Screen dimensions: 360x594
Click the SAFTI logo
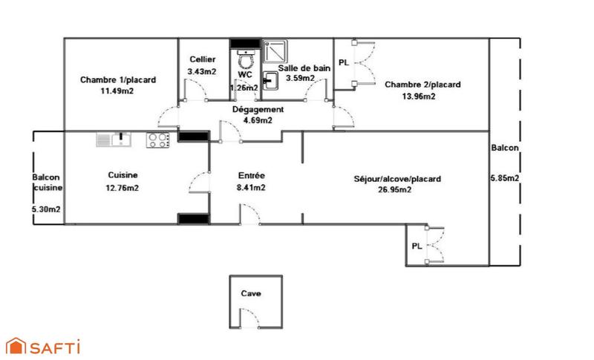coord(42,346)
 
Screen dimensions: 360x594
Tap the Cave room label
coord(251,294)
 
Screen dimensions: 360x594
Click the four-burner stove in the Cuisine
coord(157,140)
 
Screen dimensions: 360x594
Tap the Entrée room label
coord(252,176)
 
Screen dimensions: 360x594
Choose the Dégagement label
coord(258,109)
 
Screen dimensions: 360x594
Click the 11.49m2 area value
coord(117,91)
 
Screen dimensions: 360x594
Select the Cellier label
coord(202,59)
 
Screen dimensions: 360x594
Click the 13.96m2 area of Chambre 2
coord(422,96)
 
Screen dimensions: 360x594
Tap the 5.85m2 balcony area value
coord(505,178)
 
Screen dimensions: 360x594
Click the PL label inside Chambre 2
coord(343,63)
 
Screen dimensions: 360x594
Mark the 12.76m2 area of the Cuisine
coord(123,188)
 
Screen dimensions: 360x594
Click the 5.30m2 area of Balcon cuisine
coord(46,209)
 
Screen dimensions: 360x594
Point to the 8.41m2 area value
coord(252,188)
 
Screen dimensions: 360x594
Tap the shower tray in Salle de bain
coord(276,50)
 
